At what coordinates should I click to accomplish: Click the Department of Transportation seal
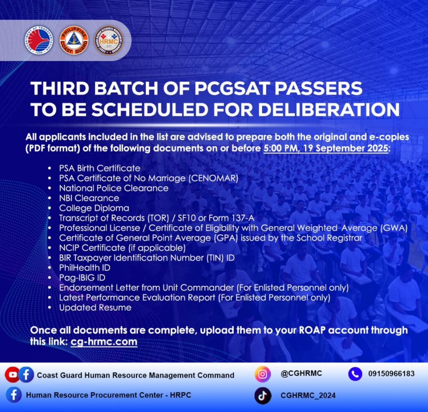click(x=39, y=40)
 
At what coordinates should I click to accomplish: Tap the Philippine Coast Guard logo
click(x=74, y=40)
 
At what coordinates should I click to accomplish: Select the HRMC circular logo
click(x=109, y=40)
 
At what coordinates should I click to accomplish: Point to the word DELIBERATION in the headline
click(x=329, y=110)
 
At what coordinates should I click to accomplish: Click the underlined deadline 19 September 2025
click(x=345, y=148)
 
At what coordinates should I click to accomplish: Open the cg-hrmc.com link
click(x=104, y=341)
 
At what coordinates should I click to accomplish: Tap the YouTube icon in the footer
click(x=12, y=374)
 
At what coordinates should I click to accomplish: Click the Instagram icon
click(x=262, y=374)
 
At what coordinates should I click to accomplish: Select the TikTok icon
click(x=262, y=396)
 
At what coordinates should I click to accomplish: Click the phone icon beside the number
click(x=355, y=374)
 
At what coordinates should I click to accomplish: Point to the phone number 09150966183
click(x=391, y=374)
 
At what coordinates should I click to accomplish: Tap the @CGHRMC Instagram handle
click(x=301, y=373)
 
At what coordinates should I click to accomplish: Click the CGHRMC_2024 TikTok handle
click(x=308, y=395)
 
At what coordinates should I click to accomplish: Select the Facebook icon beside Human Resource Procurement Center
click(x=14, y=395)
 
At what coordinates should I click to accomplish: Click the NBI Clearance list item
click(x=89, y=198)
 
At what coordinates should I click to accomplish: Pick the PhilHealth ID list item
click(x=84, y=268)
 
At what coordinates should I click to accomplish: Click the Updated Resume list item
click(x=95, y=307)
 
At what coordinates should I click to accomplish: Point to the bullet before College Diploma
click(x=49, y=208)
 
